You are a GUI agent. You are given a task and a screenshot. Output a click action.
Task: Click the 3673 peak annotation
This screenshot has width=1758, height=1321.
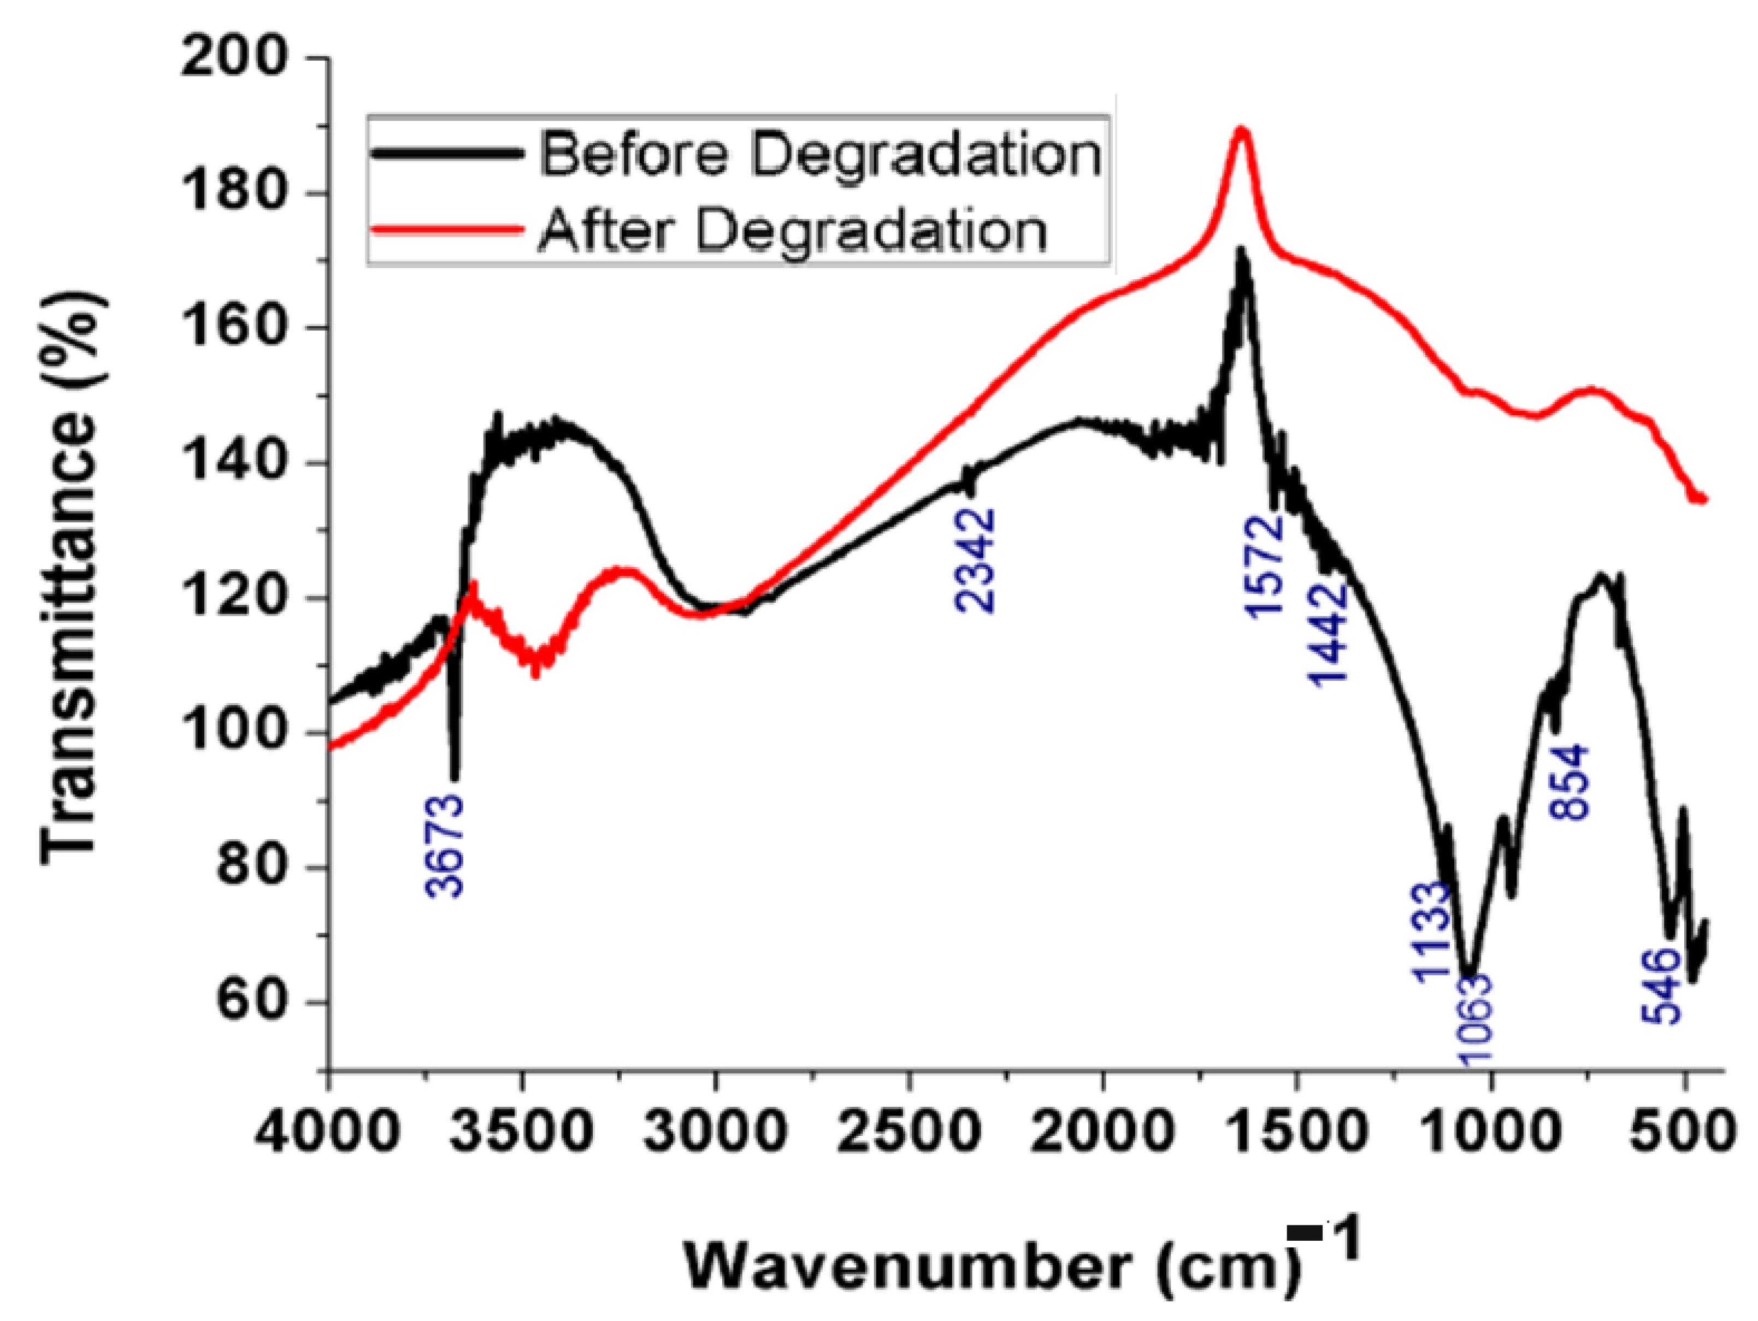pyautogui.click(x=445, y=846)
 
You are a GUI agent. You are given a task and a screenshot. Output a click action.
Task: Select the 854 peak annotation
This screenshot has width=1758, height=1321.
pyautogui.click(x=1570, y=783)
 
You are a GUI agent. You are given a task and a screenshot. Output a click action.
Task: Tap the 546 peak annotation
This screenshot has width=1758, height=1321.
pyautogui.click(x=1662, y=986)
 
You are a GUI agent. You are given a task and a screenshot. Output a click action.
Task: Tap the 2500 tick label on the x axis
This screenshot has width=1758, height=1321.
pyautogui.click(x=909, y=1131)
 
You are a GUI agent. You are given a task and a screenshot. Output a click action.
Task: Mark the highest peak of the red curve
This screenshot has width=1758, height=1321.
pyautogui.click(x=1241, y=131)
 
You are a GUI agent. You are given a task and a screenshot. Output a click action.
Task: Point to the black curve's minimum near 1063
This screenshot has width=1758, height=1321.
pyautogui.click(x=1470, y=976)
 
